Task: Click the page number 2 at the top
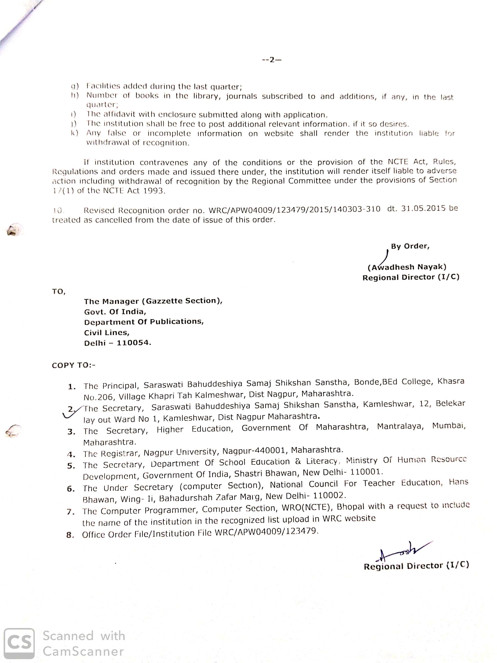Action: [271, 60]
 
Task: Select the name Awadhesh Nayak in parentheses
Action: [407, 267]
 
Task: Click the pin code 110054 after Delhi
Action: [133, 343]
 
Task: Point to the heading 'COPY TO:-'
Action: [73, 365]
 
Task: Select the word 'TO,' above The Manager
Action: [58, 291]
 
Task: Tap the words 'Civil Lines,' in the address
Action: [107, 332]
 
